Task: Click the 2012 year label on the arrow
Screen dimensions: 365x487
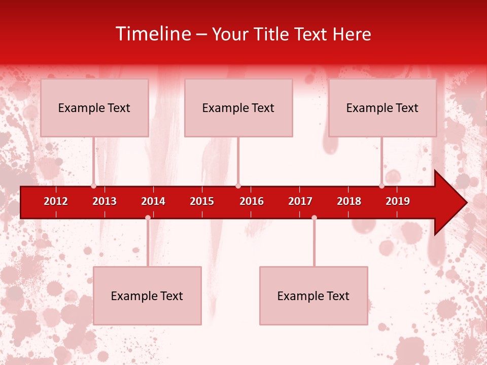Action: (56, 201)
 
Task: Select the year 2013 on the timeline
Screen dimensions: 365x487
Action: (105, 201)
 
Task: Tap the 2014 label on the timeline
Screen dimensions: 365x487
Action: (153, 201)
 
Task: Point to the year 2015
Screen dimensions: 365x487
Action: (202, 201)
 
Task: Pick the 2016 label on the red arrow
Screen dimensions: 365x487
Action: (252, 201)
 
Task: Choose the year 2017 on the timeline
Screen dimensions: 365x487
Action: (300, 201)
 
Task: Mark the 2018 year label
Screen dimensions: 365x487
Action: (349, 201)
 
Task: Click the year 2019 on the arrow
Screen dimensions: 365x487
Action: (398, 201)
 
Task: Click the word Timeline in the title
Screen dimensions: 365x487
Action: (153, 34)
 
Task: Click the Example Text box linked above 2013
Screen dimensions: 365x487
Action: (94, 107)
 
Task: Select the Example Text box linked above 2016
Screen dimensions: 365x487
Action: (238, 107)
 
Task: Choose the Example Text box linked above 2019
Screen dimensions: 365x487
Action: (382, 107)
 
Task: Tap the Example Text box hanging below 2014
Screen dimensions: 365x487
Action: (147, 296)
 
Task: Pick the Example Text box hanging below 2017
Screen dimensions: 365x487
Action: (314, 296)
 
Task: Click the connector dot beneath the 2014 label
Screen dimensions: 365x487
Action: (148, 217)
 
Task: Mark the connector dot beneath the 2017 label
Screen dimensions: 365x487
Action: (314, 217)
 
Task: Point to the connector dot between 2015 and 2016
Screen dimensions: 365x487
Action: (238, 186)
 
